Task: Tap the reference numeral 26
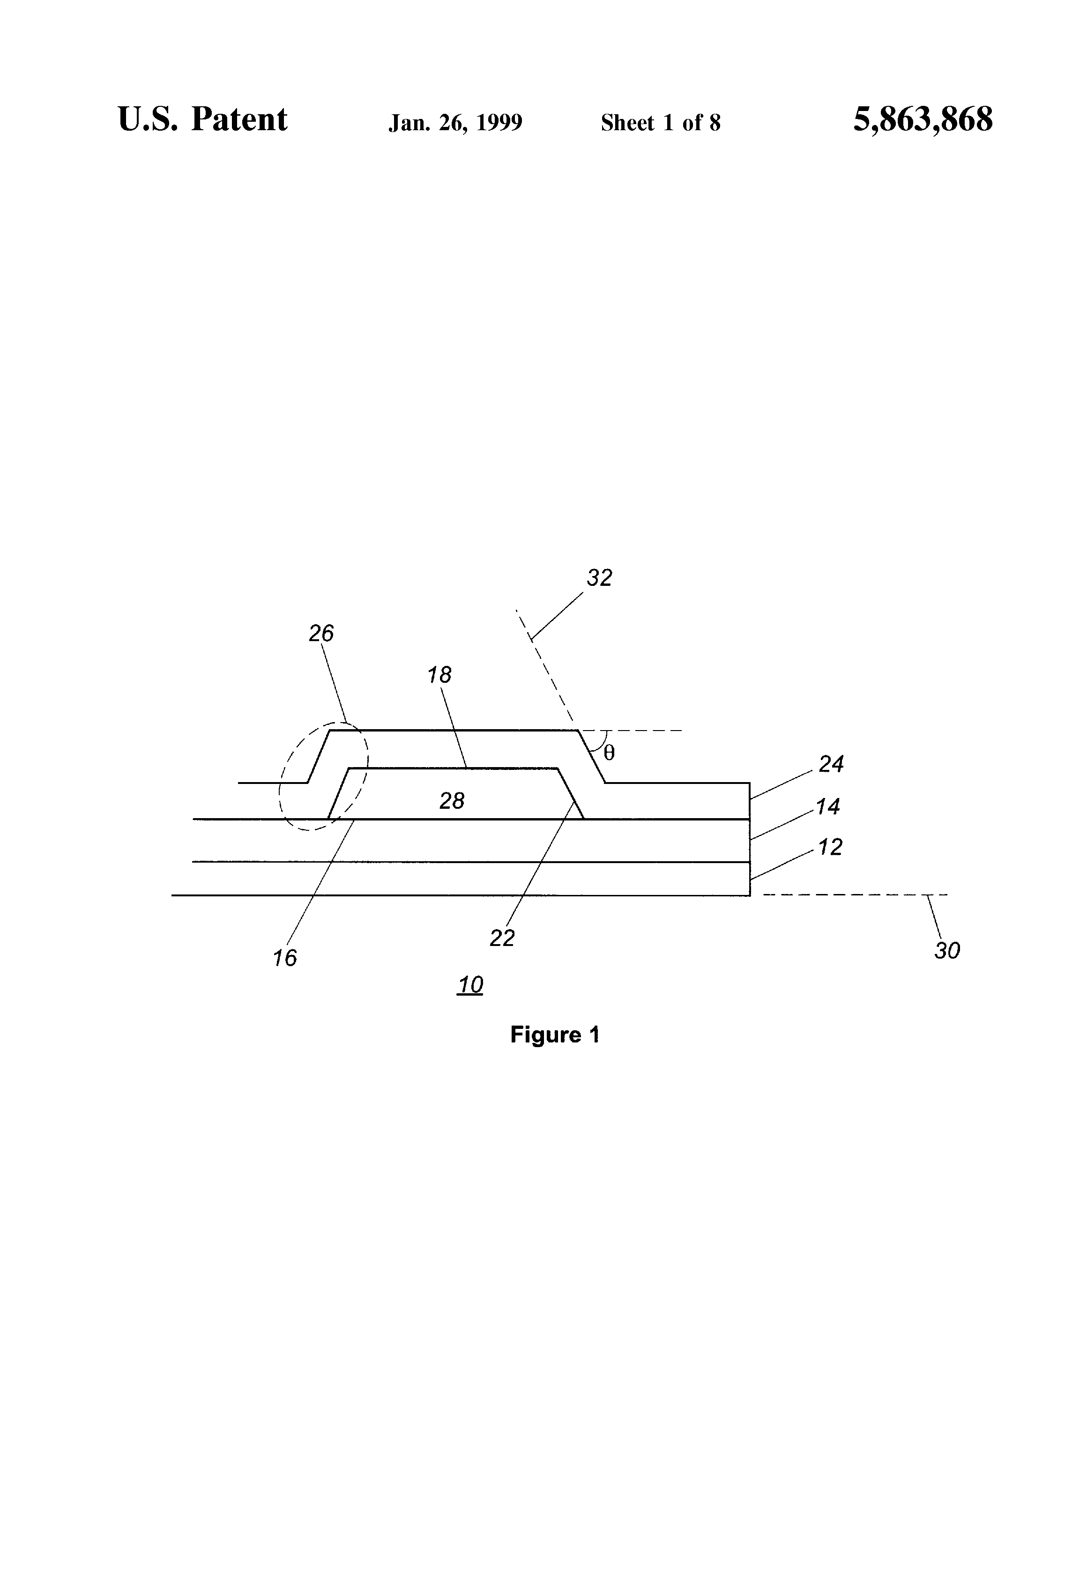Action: coord(321,633)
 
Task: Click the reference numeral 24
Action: coord(831,764)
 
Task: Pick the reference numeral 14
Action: coord(827,806)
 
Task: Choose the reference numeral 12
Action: coord(830,848)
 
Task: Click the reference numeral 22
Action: coord(502,938)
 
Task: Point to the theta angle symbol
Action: coord(609,754)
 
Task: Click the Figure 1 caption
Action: coord(554,1034)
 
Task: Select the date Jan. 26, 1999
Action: coord(455,123)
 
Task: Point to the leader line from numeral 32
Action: coord(557,615)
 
